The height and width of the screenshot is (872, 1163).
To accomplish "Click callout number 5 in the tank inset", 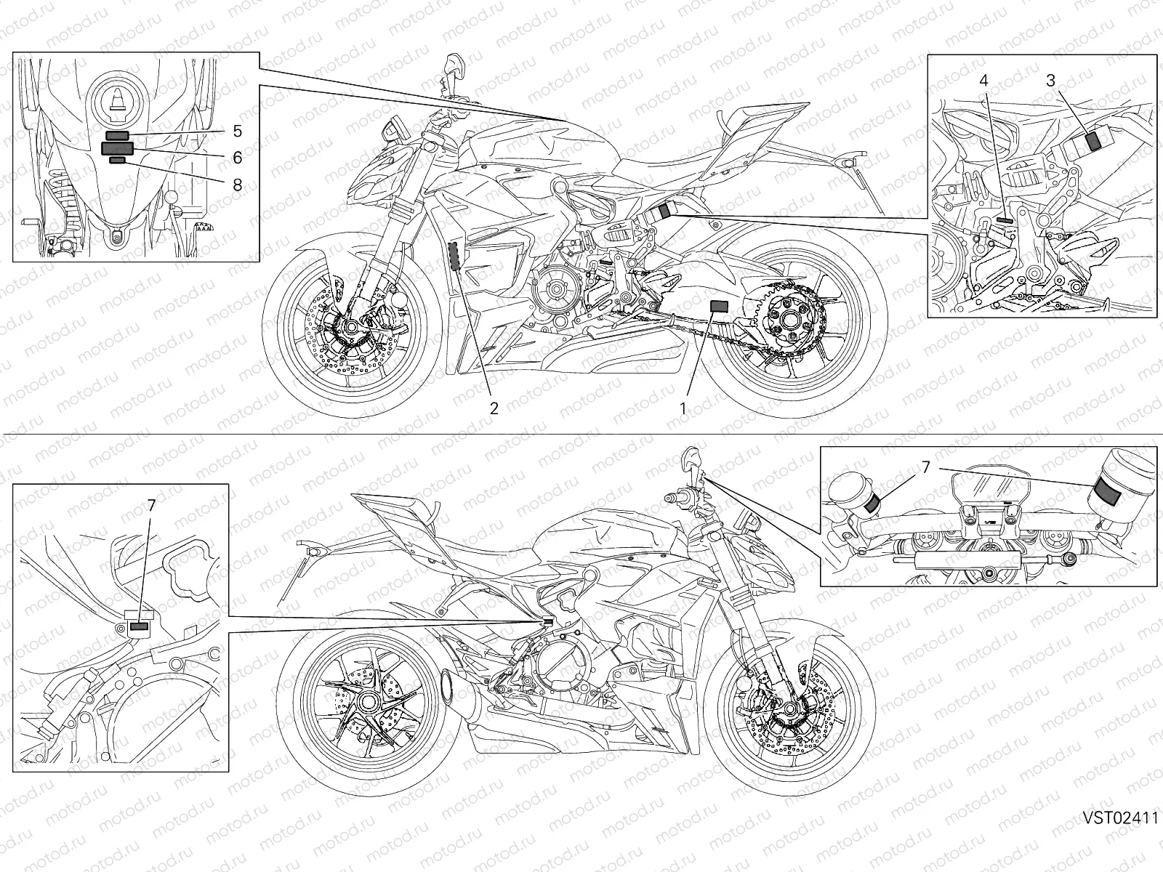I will (237, 132).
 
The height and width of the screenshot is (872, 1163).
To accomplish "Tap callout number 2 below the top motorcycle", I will (494, 408).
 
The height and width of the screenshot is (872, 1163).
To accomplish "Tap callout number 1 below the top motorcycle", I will (683, 408).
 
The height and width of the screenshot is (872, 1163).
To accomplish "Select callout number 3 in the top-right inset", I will (1050, 81).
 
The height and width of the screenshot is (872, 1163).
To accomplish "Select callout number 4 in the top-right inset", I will (983, 81).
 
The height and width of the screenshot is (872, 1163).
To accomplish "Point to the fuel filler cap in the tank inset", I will (116, 94).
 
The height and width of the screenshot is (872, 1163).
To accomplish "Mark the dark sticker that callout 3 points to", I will (1092, 140).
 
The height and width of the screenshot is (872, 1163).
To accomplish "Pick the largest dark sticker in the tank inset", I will (116, 148).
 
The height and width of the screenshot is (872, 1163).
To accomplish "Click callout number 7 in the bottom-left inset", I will (150, 506).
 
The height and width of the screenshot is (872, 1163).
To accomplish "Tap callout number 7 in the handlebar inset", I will (925, 469).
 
